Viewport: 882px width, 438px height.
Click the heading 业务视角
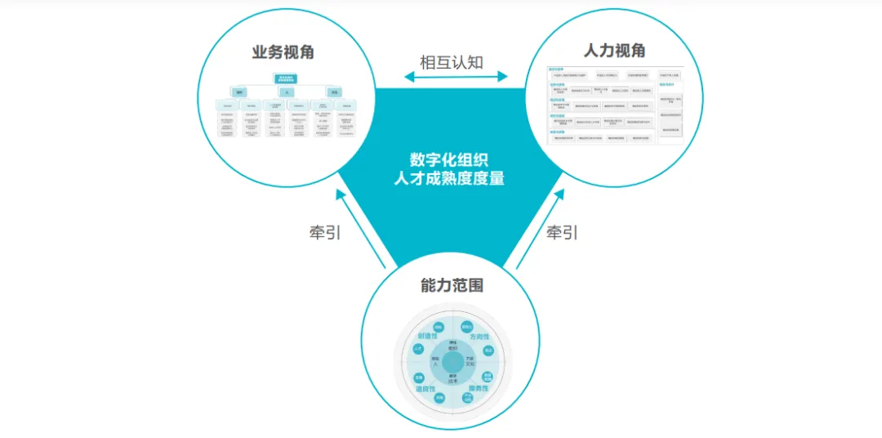(x=283, y=53)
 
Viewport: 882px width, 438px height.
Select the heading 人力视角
(x=614, y=51)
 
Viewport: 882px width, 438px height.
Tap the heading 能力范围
(x=452, y=285)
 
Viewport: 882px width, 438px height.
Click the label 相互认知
(x=452, y=62)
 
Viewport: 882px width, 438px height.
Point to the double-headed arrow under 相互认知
(x=456, y=77)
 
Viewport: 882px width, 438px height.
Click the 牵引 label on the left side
(x=325, y=232)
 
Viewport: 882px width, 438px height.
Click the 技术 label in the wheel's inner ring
(x=452, y=379)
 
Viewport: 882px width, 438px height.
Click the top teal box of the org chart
(x=287, y=79)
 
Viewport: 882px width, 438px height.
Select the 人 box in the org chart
(x=286, y=92)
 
